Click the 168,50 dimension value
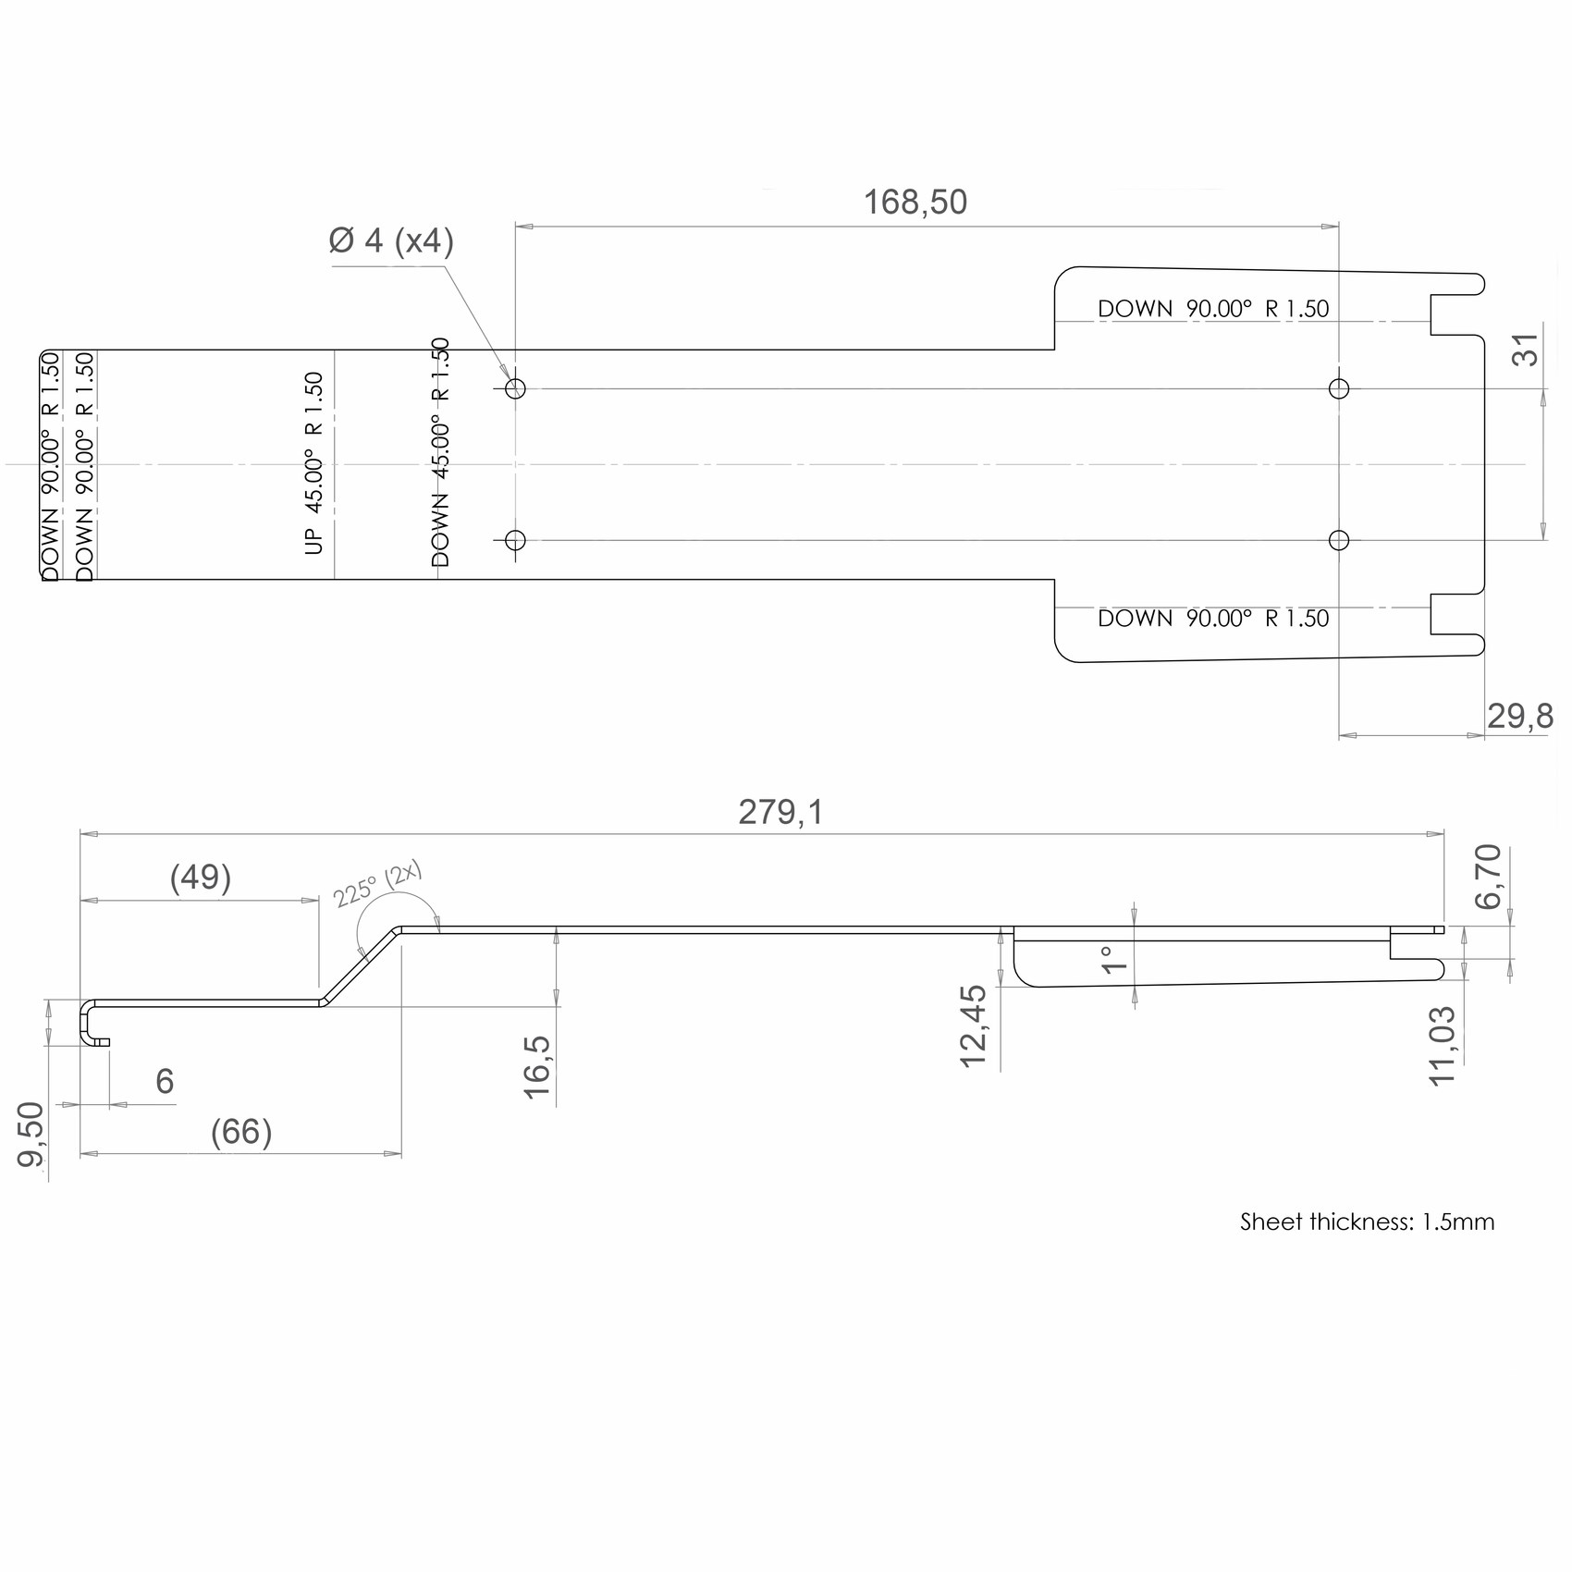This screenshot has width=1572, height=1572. [915, 203]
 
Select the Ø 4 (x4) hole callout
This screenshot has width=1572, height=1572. [391, 240]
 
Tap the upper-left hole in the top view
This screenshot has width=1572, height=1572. [516, 388]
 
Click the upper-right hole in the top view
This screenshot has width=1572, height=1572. [1338, 388]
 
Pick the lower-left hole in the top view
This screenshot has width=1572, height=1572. [516, 540]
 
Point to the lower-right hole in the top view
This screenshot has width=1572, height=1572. [1338, 540]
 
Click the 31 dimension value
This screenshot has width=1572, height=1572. [1526, 350]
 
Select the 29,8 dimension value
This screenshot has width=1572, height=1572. [1519, 716]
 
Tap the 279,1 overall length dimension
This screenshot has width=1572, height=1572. [780, 812]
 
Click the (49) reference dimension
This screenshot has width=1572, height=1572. [201, 877]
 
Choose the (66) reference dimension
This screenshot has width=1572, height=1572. [241, 1132]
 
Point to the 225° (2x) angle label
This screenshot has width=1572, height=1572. [377, 885]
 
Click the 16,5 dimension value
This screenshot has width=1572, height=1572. [537, 1067]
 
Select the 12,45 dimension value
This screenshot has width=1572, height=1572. [974, 1026]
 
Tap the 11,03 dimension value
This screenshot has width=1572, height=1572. [1443, 1046]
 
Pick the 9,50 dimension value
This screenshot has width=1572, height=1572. [31, 1135]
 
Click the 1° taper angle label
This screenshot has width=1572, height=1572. [1115, 960]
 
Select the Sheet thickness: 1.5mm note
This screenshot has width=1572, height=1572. [1367, 1222]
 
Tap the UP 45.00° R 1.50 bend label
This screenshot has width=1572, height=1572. [314, 463]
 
